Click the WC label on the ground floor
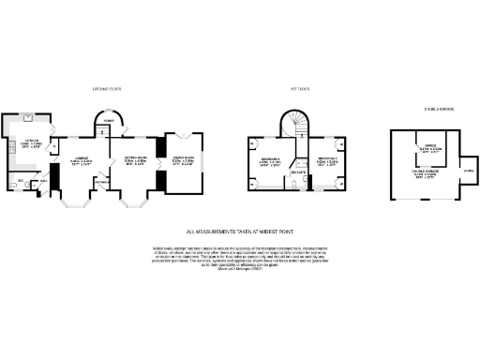point(20,180)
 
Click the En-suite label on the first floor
point(298,174)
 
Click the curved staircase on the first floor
point(298,123)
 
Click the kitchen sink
point(29,119)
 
